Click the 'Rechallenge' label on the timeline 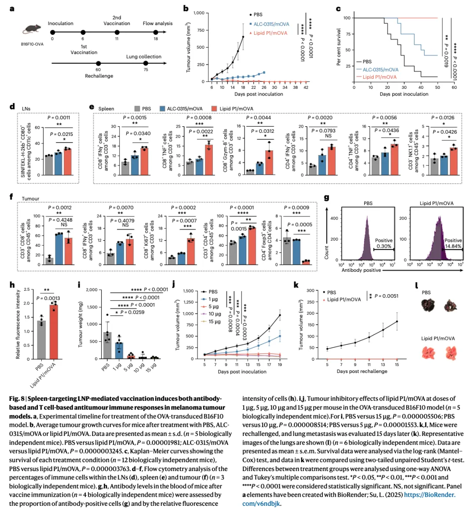[x=99, y=76]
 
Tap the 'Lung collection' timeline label [x=144, y=57]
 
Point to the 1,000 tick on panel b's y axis [x=199, y=13]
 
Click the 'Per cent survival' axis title [x=339, y=47]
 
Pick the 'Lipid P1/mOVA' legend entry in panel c [x=379, y=77]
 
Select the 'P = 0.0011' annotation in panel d [x=59, y=118]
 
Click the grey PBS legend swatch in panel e [x=138, y=109]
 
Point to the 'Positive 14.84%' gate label [x=453, y=244]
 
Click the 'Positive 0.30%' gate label [x=384, y=244]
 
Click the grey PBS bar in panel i [x=107, y=345]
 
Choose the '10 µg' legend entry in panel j [x=214, y=314]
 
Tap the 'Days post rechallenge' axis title [x=362, y=371]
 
